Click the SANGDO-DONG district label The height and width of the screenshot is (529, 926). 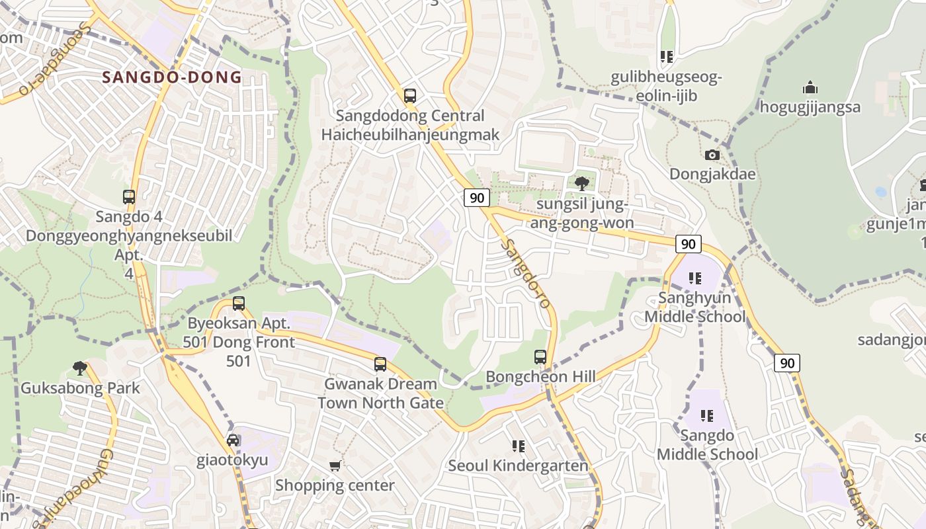pos(172,77)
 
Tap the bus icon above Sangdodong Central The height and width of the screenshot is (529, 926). pos(410,95)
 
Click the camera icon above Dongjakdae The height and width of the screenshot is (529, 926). pos(712,155)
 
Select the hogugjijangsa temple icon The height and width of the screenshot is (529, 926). pos(810,87)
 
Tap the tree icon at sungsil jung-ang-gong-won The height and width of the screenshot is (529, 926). pos(582,183)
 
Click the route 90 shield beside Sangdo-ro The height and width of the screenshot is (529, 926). pos(476,197)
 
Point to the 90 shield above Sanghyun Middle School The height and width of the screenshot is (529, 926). pos(688,243)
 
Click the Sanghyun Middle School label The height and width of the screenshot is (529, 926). pos(694,307)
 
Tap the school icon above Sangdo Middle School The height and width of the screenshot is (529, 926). pos(707,416)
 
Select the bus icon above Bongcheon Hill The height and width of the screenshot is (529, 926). pos(540,357)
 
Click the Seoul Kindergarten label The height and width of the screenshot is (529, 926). pos(518,466)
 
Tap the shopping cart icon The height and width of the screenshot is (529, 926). pos(335,466)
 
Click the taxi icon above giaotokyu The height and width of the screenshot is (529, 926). pos(233,440)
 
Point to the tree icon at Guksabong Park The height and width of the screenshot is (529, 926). pos(80,368)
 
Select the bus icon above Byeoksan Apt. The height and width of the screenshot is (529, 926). pos(239,304)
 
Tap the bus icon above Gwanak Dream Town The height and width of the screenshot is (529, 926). pos(380,364)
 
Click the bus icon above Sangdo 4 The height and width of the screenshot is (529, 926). pos(129,196)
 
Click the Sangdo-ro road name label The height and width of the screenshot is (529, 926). pos(526,272)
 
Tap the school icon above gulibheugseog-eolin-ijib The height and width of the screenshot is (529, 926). pos(666,57)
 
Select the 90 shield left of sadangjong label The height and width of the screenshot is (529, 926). pos(786,362)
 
